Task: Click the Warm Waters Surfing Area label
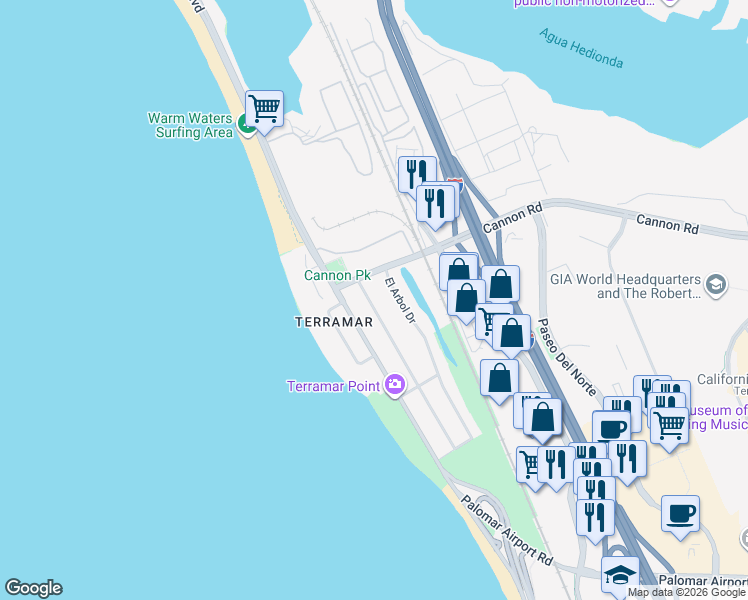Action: (190, 125)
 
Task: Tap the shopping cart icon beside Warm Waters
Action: (264, 107)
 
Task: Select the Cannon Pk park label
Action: (337, 275)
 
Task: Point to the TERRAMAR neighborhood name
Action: (334, 323)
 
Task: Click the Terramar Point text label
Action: (334, 386)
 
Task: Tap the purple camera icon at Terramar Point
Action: (395, 384)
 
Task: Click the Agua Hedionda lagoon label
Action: (581, 47)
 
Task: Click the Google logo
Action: (33, 588)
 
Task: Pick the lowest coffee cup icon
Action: (680, 514)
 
